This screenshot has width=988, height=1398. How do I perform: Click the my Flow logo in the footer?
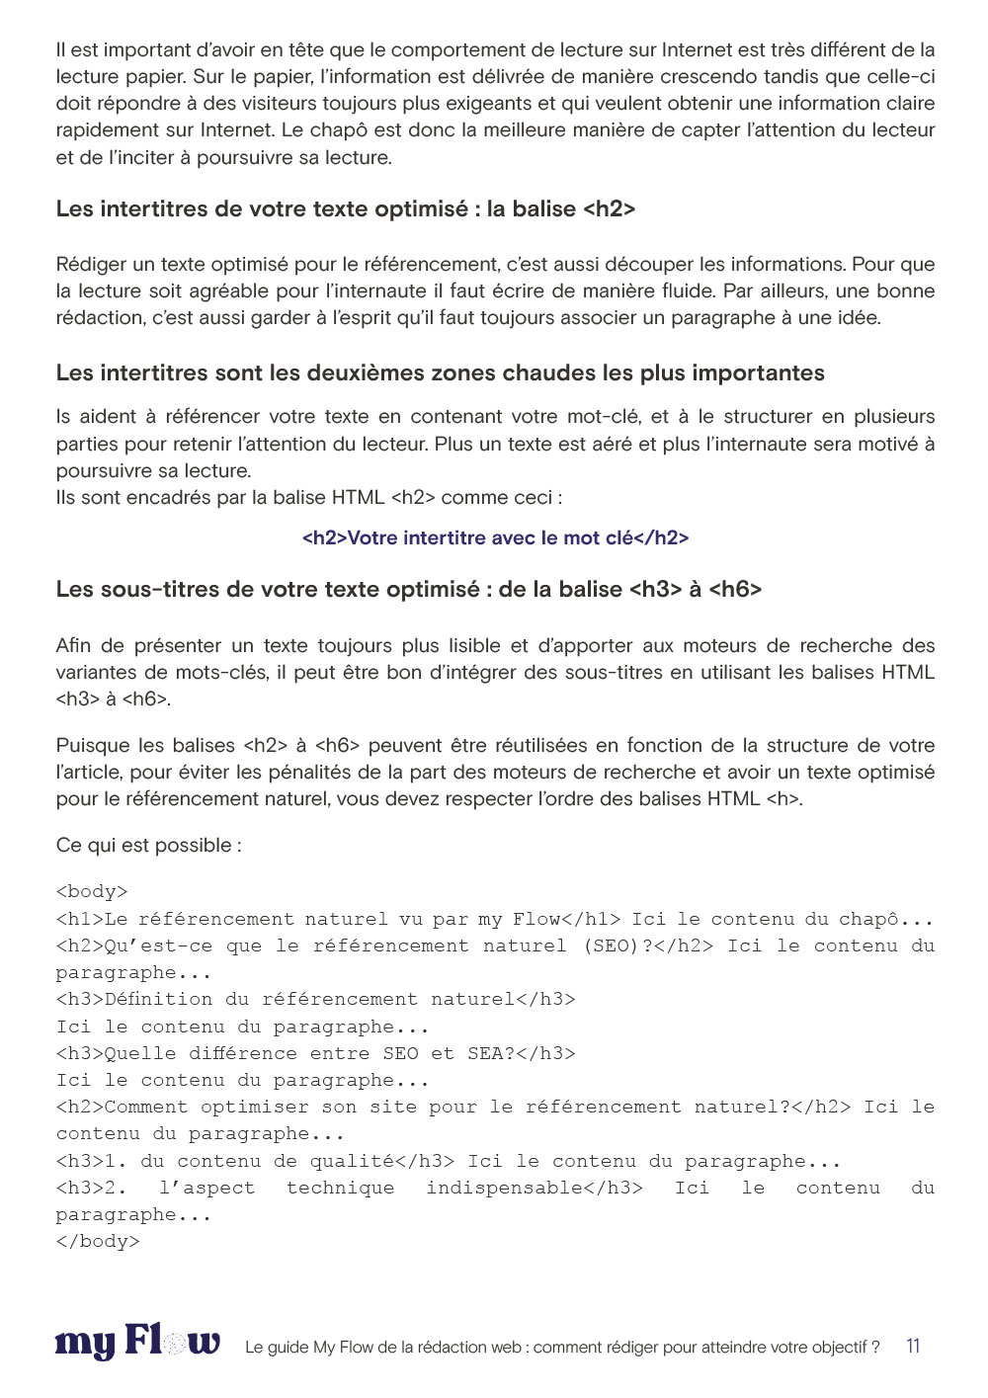[137, 1344]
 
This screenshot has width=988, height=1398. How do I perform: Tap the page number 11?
[913, 1346]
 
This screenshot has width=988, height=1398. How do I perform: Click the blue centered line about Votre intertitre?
[495, 537]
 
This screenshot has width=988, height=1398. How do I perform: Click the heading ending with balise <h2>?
[345, 208]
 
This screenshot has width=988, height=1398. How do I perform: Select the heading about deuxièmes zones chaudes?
[440, 372]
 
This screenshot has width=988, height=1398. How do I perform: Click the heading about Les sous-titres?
[408, 589]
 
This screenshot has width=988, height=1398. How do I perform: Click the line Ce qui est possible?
[148, 845]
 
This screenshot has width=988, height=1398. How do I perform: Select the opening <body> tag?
[92, 892]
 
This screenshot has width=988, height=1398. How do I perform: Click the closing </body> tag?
[98, 1242]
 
